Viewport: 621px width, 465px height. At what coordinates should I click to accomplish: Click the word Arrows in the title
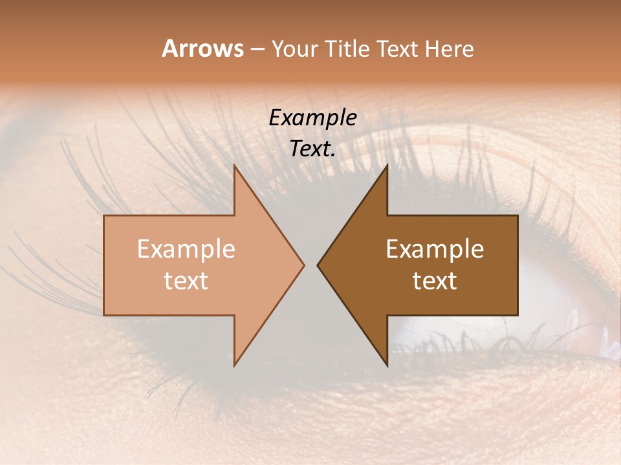202,48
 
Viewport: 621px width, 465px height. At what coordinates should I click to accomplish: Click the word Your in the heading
294,49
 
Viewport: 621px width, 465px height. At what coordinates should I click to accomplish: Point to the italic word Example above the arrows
312,118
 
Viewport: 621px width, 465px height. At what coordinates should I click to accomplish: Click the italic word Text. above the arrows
312,149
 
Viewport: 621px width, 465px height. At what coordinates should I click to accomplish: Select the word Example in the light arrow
186,249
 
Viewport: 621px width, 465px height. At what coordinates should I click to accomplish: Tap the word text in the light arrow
186,281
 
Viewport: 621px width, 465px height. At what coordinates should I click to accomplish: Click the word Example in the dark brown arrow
435,249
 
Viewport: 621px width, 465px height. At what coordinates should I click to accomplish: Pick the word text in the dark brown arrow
435,281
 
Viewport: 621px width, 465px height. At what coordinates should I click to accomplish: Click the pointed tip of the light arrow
303,265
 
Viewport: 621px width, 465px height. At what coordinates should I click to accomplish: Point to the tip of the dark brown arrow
318,265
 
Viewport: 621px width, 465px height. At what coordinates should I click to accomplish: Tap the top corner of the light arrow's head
235,165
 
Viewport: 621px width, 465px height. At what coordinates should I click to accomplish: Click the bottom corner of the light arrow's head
235,365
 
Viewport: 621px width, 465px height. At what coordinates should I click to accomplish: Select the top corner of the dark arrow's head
387,165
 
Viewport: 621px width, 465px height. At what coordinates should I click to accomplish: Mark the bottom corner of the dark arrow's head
387,365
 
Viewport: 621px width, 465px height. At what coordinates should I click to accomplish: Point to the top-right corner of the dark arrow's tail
517,216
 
